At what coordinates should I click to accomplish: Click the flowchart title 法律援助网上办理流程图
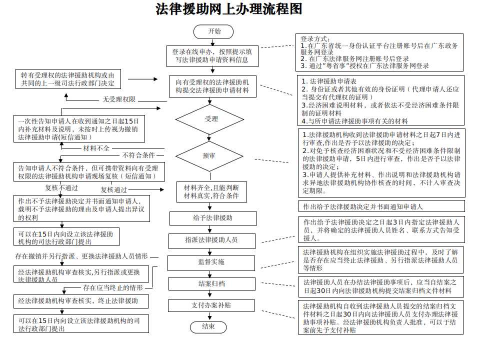(229, 10)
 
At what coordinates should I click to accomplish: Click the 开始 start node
(214, 31)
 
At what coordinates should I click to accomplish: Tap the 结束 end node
(208, 326)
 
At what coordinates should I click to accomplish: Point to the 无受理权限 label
(119, 99)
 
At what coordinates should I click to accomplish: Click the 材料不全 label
(96, 148)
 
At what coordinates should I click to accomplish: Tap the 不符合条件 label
(138, 155)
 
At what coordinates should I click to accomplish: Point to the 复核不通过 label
(61, 188)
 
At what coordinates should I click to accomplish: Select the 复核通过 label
(114, 189)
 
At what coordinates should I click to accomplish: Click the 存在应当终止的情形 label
(113, 288)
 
